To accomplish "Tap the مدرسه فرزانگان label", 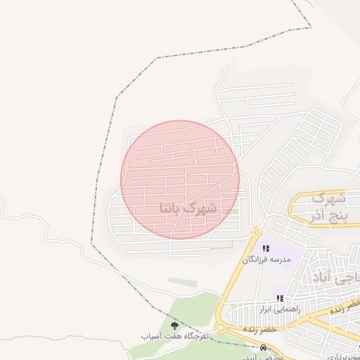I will pos(266,259).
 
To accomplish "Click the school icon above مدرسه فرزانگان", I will pos(266,248).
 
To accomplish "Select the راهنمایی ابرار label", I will pos(280,308).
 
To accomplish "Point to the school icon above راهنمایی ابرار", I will pos(280,298).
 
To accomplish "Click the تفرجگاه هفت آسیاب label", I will pos(174,337).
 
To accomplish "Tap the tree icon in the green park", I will pos(174,325).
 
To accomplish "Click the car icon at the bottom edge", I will pos(264,347).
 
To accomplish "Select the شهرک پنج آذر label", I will pos(328,205).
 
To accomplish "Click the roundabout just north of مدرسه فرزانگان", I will pos(257,231).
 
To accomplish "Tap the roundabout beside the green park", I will pos(221,328).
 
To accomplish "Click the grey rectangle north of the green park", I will pos(183,282).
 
